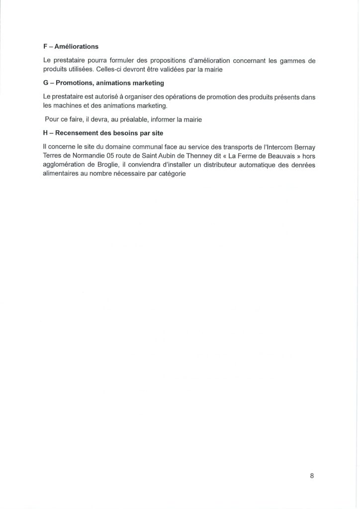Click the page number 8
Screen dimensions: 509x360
click(312, 476)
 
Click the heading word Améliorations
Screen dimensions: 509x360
click(77, 47)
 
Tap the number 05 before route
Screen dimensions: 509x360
click(111, 157)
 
